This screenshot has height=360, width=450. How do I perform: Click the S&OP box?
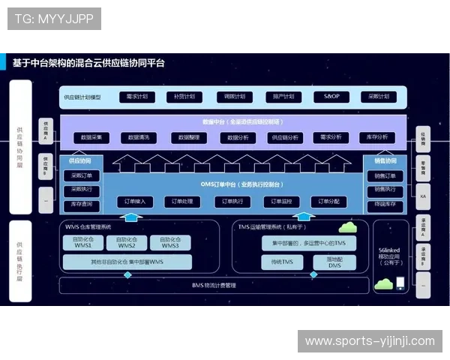(x=331, y=97)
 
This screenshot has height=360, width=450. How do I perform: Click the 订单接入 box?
(x=135, y=202)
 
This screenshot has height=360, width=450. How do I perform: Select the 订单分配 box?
(x=329, y=202)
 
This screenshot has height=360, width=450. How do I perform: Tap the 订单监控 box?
(x=281, y=202)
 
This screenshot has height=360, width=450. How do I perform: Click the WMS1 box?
(x=83, y=242)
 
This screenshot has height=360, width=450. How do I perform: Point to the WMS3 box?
(x=170, y=242)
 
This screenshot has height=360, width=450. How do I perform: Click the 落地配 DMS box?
(x=334, y=262)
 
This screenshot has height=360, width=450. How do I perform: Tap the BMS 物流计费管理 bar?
(x=214, y=285)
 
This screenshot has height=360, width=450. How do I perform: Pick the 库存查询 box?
(x=80, y=204)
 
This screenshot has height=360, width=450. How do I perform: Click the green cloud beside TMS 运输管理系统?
(x=346, y=226)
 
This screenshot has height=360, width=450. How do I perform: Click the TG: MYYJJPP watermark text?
(x=55, y=19)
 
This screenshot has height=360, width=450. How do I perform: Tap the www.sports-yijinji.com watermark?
(x=370, y=341)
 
